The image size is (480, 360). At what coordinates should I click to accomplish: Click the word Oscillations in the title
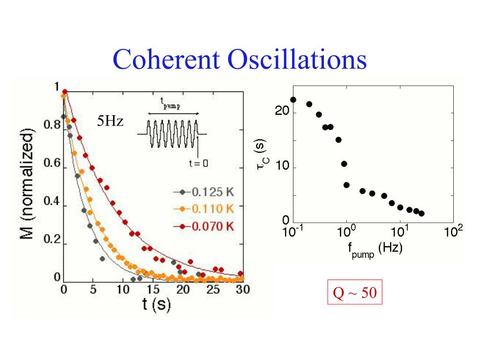click(297, 60)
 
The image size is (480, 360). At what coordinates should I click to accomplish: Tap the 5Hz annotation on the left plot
click(110, 122)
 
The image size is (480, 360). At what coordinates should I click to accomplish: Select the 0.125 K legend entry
click(210, 192)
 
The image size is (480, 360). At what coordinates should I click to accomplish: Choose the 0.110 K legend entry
click(210, 209)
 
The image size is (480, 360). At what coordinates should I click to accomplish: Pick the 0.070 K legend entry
click(210, 226)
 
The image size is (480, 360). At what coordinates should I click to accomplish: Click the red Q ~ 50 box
click(354, 294)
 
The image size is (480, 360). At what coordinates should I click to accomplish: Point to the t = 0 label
click(198, 163)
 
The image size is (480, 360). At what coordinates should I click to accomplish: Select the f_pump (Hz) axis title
click(375, 249)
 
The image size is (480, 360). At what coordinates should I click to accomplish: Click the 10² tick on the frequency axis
click(453, 231)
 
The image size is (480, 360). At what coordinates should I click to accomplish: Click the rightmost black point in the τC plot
click(421, 213)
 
